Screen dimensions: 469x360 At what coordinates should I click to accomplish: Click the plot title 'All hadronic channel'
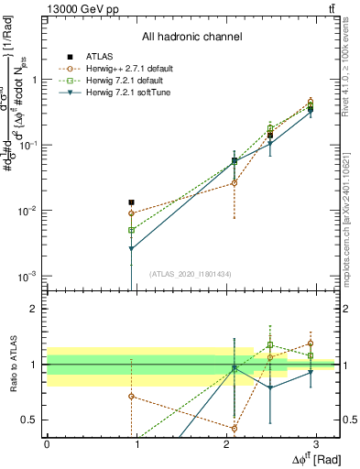click(191, 37)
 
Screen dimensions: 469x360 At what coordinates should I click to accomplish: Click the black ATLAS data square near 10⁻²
click(132, 202)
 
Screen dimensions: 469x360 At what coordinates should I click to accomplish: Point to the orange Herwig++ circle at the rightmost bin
click(311, 102)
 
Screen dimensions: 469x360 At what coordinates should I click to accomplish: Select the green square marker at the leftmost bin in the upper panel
click(132, 230)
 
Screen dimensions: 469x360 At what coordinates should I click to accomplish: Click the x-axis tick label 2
click(226, 443)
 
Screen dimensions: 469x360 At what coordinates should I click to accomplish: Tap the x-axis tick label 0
click(47, 443)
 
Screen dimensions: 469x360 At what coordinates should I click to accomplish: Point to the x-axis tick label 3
click(316, 443)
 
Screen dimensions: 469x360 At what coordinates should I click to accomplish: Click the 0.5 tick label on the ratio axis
click(29, 420)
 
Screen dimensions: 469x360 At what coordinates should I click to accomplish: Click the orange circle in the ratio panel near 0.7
click(132, 397)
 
